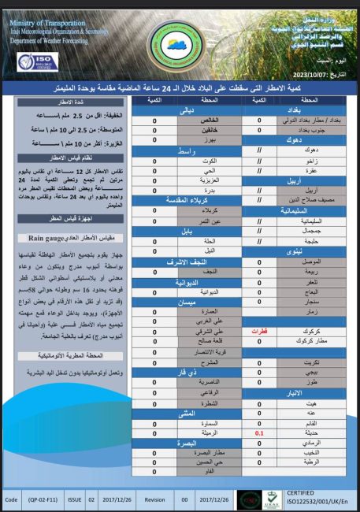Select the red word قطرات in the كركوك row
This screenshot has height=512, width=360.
coord(259,332)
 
